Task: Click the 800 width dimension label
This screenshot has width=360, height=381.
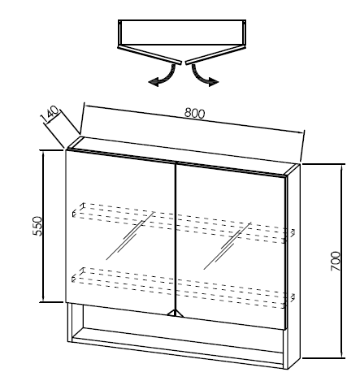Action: pos(194,113)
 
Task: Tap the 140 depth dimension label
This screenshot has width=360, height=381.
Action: pos(50,115)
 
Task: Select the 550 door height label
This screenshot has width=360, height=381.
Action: pos(37,226)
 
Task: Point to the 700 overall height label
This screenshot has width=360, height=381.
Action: pos(335,262)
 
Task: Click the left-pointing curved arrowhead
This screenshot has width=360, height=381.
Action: pos(154,81)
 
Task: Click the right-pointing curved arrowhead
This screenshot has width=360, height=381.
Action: pos(214,81)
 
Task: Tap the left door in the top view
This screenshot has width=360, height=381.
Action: pos(150,55)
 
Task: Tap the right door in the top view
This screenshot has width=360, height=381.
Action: pos(215,55)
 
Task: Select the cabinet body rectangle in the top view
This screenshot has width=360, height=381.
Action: pos(182,32)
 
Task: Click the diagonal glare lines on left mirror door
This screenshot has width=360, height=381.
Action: pos(130,236)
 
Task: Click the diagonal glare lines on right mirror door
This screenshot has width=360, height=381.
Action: pos(227,246)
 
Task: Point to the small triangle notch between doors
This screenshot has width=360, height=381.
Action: pos(176,314)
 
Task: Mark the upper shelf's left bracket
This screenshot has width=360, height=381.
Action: pos(78,210)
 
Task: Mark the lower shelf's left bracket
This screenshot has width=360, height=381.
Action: pos(78,275)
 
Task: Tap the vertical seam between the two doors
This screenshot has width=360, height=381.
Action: pos(176,237)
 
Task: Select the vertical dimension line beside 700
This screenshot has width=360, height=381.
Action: pos(342,261)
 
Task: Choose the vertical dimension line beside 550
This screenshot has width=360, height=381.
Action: pos(42,226)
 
